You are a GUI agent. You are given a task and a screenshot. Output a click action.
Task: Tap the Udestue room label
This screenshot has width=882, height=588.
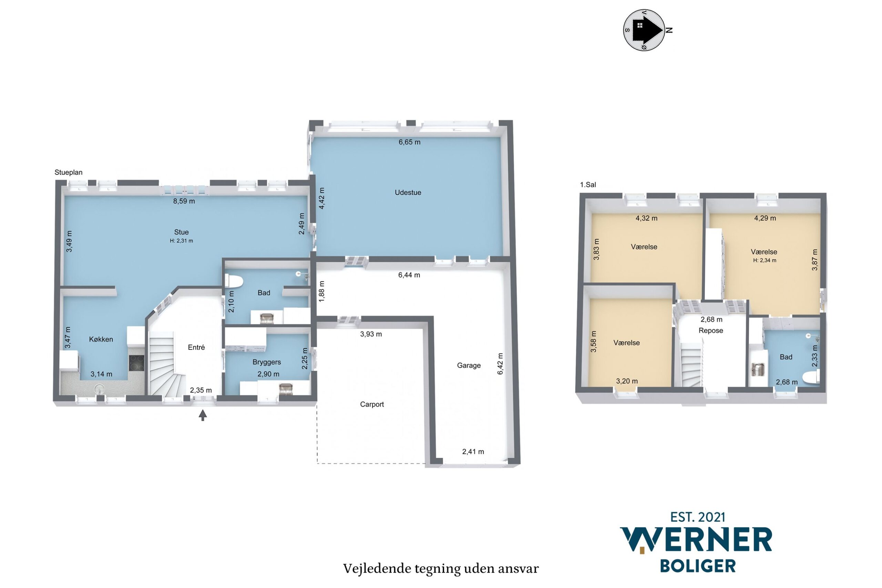(408, 192)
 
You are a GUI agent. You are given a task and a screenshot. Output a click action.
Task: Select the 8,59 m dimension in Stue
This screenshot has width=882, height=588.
(184, 201)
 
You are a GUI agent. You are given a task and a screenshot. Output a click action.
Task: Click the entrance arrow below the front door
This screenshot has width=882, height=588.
(203, 415)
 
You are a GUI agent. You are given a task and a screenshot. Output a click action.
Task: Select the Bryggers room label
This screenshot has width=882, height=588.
(267, 362)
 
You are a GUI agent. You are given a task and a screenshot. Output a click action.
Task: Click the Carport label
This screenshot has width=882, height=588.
(372, 404)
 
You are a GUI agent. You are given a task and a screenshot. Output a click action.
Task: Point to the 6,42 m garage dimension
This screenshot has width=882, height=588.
(500, 363)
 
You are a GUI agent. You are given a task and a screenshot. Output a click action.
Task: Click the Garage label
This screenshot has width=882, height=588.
(469, 365)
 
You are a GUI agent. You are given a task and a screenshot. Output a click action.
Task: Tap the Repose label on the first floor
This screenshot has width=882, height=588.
(711, 331)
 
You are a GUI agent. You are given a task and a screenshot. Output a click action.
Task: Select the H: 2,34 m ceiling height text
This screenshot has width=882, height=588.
(765, 260)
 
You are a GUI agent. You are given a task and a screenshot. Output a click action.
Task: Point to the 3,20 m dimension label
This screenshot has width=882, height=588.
(627, 381)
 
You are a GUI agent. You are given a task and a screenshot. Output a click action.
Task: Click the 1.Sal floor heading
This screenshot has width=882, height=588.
(588, 184)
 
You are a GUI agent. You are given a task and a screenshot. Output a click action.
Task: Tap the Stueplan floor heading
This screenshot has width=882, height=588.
(69, 172)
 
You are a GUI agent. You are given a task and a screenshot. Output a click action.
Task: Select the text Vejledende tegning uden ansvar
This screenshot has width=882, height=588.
(441, 568)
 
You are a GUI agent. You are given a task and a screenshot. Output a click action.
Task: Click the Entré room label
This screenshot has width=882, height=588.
(196, 347)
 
